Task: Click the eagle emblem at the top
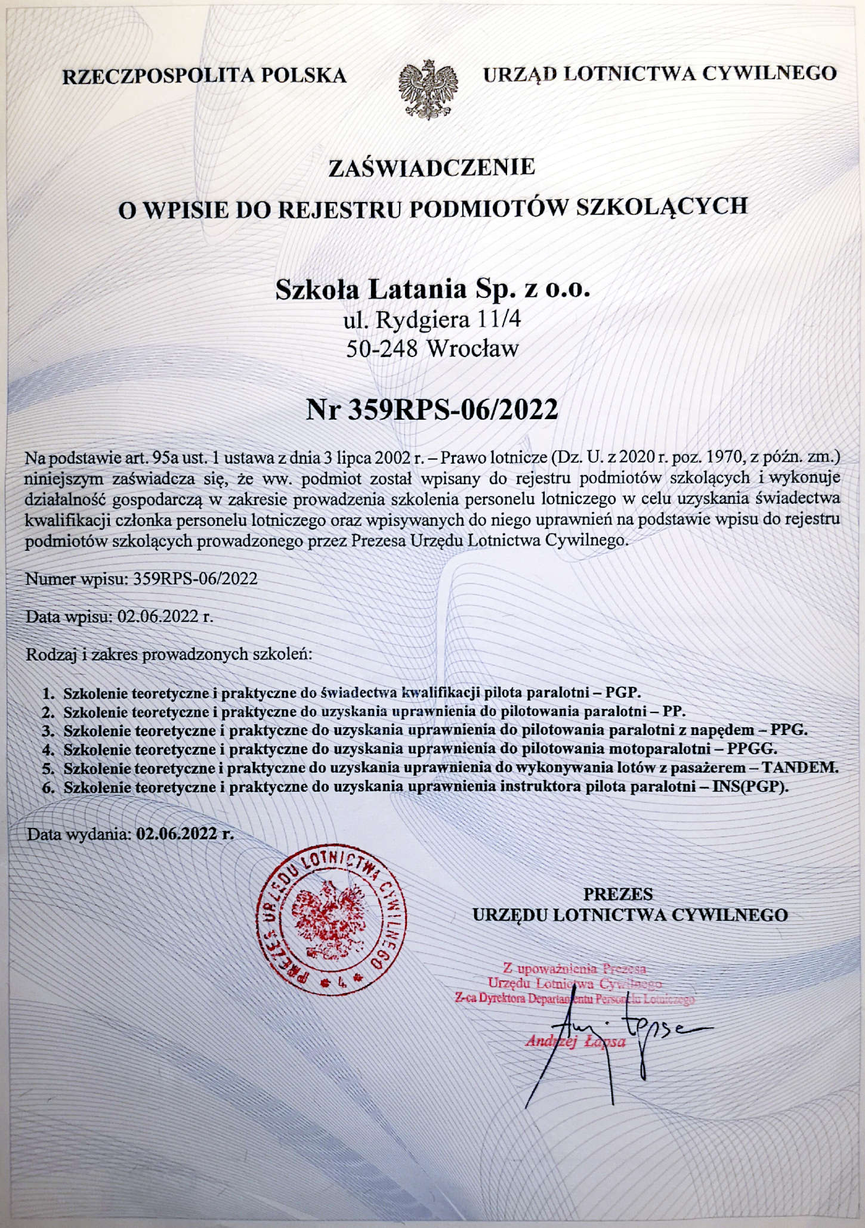point(428,88)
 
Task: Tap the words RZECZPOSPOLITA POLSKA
point(205,76)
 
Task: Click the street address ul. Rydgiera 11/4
point(432,320)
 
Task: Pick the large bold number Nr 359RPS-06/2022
point(432,410)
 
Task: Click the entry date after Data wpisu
point(165,616)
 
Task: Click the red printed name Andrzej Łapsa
point(575,1041)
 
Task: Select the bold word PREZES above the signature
point(617,894)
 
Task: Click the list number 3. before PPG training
point(48,730)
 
